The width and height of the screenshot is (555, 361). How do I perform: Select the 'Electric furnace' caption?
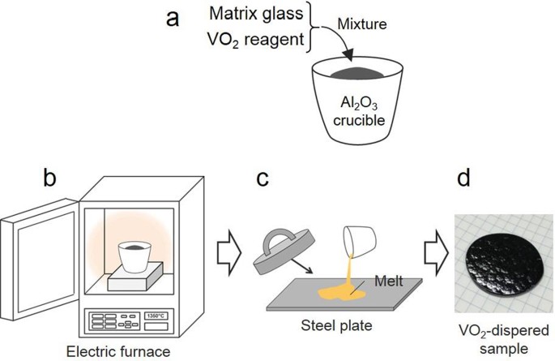(119, 350)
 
